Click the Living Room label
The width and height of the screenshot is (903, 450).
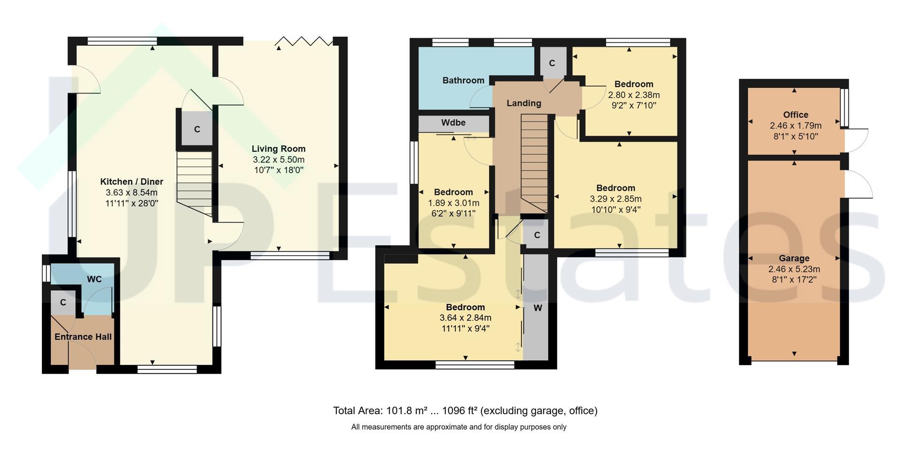coord(279,149)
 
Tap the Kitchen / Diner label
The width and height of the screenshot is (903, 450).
coord(132,182)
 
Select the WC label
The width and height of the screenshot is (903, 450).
coord(94,279)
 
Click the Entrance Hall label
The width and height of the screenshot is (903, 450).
coord(83,337)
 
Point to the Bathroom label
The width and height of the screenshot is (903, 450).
coord(463,80)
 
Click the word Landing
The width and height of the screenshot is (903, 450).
coord(523,103)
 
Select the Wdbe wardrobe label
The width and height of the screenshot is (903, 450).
coord(453,123)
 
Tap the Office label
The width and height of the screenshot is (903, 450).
coord(796,114)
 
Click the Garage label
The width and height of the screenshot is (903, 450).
coord(794,258)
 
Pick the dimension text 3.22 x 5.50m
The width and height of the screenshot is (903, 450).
coord(279,160)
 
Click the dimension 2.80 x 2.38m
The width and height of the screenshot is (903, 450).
coord(634,95)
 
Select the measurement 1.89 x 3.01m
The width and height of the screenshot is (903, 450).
coord(453,203)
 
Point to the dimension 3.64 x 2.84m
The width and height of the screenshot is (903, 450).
coord(466,318)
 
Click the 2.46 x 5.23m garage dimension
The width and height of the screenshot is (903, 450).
coord(794,269)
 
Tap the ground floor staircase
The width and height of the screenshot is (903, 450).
coord(195,184)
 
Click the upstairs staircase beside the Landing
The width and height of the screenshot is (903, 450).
coord(535,163)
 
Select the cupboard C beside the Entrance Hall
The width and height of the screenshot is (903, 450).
coord(63,303)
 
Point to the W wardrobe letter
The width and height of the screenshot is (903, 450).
coord(538,308)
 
